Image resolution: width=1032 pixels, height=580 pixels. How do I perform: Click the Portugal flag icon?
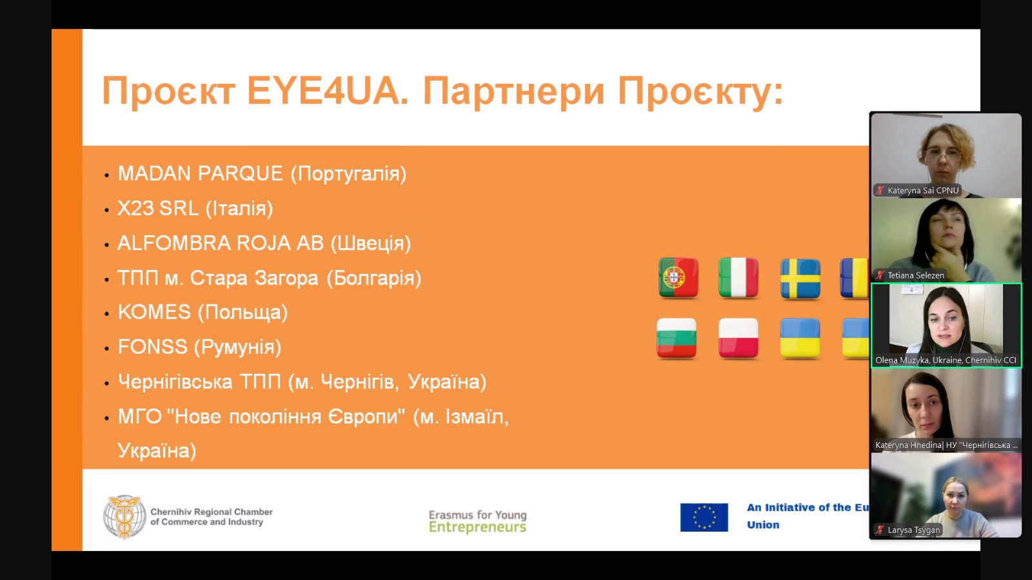(678, 278)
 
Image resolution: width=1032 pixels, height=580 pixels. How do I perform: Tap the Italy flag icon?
(738, 278)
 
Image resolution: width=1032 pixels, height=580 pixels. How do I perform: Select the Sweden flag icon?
(800, 278)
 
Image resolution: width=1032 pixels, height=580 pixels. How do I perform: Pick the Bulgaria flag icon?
(677, 338)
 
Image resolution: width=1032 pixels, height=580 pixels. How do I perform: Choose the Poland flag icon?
(738, 338)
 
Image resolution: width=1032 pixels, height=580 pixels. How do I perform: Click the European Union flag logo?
(704, 517)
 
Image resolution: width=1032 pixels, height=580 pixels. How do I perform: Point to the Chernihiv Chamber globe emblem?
(124, 517)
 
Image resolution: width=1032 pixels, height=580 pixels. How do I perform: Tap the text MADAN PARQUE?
(201, 173)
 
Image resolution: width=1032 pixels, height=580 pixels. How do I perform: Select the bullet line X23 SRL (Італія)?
(195, 209)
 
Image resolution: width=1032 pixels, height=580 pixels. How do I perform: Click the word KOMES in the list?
(154, 312)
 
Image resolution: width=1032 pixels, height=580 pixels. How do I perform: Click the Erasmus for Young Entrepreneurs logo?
(477, 521)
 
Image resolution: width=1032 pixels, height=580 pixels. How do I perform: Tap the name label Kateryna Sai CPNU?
(923, 190)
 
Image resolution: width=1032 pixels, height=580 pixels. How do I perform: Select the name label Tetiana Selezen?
(915, 275)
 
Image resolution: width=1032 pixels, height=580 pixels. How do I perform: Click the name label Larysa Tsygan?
(913, 530)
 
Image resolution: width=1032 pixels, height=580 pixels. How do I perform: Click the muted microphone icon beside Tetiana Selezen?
(880, 275)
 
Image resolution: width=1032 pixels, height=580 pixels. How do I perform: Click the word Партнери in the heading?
(513, 92)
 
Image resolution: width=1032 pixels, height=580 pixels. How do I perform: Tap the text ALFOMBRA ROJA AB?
(221, 243)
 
